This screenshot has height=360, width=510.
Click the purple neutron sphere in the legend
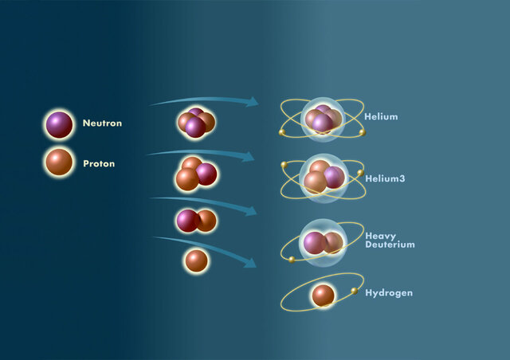pyautogui.click(x=59, y=124)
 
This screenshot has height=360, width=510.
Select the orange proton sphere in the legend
pyautogui.click(x=59, y=162)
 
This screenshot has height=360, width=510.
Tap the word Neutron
pyautogui.click(x=102, y=124)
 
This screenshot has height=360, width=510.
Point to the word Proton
pyautogui.click(x=99, y=164)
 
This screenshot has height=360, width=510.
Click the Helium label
pyautogui.click(x=381, y=117)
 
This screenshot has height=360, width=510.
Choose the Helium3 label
pyautogui.click(x=385, y=178)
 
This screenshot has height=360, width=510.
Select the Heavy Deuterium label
pyautogui.click(x=390, y=240)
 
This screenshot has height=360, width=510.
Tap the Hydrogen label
pyautogui.click(x=389, y=293)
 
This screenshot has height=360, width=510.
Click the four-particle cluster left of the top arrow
pyautogui.click(x=196, y=122)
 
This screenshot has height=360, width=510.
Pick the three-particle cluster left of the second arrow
pyautogui.click(x=196, y=174)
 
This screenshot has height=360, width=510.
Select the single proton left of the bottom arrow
pyautogui.click(x=196, y=260)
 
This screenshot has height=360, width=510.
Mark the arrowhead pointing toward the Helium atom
pyautogui.click(x=253, y=102)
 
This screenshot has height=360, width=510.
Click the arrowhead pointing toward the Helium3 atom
pyautogui.click(x=250, y=157)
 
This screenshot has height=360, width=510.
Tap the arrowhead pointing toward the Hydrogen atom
pyautogui.click(x=252, y=263)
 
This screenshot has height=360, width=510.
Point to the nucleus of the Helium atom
pyautogui.click(x=323, y=119)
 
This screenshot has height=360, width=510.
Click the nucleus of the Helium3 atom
pyautogui.click(x=324, y=178)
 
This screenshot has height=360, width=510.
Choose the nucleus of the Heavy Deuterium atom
pyautogui.click(x=323, y=242)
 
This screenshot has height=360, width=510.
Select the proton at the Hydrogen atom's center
pyautogui.click(x=323, y=295)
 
